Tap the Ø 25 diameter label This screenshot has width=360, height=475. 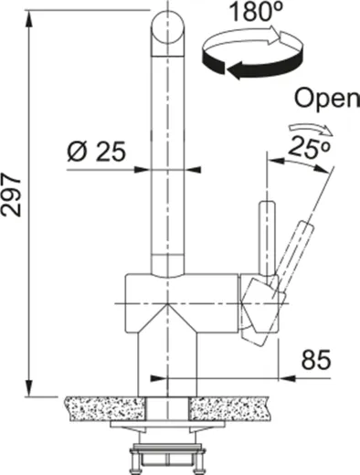(x=96, y=150)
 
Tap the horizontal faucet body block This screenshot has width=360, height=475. (x=183, y=301)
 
